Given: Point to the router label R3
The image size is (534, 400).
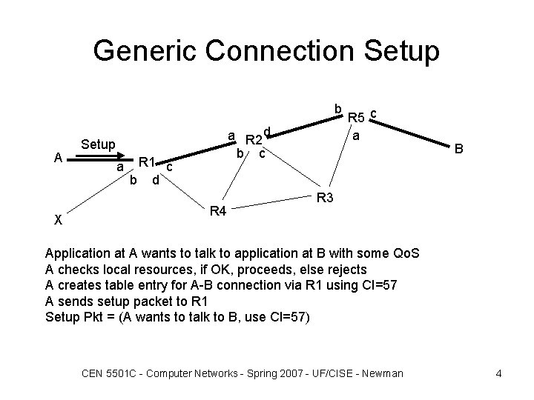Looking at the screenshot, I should click(326, 198).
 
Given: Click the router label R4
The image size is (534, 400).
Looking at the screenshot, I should click(217, 212).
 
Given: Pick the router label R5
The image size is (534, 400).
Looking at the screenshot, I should click(356, 117).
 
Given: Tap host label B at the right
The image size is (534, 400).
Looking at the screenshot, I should click(459, 149).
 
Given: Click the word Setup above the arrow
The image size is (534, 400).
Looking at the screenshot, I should click(97, 144).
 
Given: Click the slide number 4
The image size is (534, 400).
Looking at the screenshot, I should click(498, 373).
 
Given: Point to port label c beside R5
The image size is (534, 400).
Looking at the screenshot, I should click(374, 113).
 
